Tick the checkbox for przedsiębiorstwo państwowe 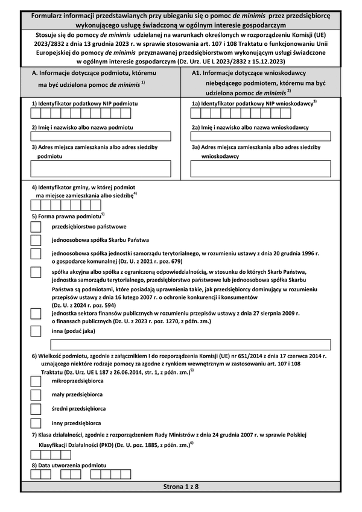pos(36,227)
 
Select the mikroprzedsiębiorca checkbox pos(36,382)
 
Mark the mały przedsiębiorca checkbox pos(36,396)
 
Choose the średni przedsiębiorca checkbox pos(36,409)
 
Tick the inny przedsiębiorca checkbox pos(36,423)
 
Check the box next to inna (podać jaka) pos(36,331)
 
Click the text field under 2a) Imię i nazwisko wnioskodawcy pos(261,136)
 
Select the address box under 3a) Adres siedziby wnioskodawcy pos(261,169)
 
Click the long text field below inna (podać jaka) pos(191,345)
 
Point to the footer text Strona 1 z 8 pos(181,486)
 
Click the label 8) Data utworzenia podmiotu pos(69,466)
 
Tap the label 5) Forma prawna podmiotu pos(68,215)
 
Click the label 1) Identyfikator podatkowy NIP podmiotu pos(84,104)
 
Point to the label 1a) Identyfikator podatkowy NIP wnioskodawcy pos(253,104)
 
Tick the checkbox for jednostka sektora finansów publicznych pos(36,314)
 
